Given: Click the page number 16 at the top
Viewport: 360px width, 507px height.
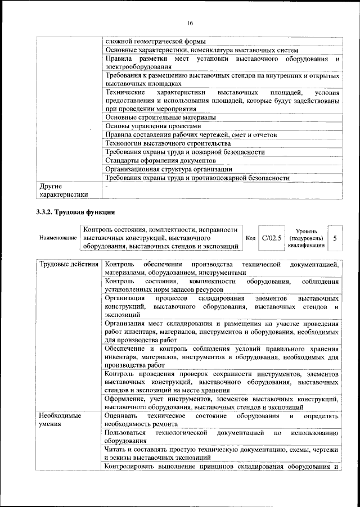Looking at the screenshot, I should click(190, 23).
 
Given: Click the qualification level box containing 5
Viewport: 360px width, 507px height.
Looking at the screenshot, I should click(335, 238).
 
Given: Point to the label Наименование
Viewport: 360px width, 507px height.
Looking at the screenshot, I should click(57, 238).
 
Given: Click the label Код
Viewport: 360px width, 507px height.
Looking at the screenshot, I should click(250, 238).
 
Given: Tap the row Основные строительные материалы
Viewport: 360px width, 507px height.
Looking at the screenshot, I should click(160, 117).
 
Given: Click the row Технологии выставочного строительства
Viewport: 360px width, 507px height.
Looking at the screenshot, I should click(163, 143).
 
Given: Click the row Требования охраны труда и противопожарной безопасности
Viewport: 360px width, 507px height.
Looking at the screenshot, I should click(197, 178).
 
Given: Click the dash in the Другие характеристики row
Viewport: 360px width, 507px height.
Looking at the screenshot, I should click(106, 186).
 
